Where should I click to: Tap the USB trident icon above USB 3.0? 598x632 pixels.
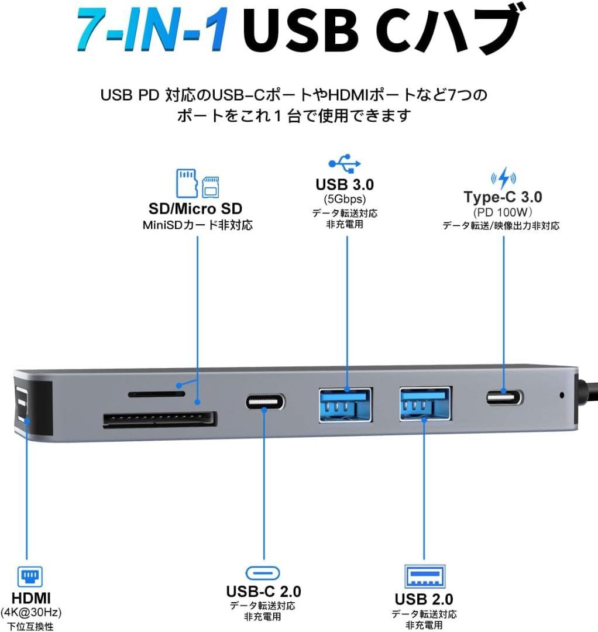point(345,162)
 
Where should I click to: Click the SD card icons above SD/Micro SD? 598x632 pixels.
point(198,183)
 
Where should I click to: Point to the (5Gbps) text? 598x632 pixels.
point(345,200)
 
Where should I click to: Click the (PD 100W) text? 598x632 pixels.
point(503,212)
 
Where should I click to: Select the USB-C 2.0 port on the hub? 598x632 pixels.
point(265,402)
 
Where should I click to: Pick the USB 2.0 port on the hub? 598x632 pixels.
point(425,404)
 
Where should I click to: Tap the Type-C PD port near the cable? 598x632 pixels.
point(504,398)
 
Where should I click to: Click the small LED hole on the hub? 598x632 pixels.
point(562,395)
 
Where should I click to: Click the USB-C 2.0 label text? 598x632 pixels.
point(263,592)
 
